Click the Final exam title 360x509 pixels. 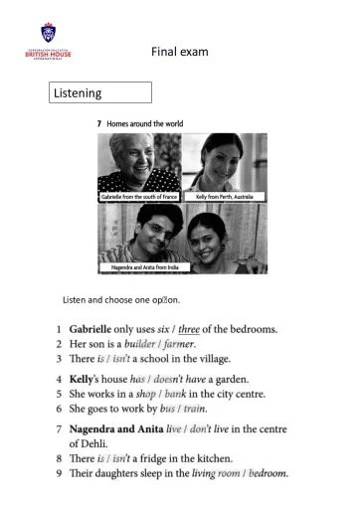pyautogui.click(x=180, y=51)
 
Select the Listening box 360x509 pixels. pyautogui.click(x=100, y=92)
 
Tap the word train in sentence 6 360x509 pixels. pyautogui.click(x=193, y=409)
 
